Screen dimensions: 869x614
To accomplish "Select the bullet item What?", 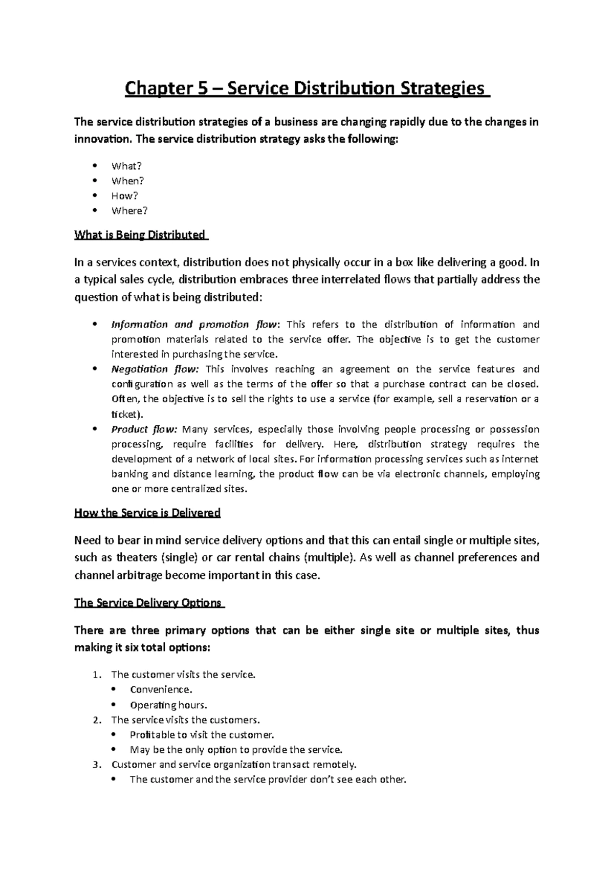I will [x=126, y=166].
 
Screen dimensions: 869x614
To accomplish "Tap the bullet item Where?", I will [x=129, y=210].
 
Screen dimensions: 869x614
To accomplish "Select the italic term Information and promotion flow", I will [x=194, y=324].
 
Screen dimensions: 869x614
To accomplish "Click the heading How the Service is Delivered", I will [x=147, y=513].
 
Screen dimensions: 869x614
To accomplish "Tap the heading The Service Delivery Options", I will [x=148, y=602].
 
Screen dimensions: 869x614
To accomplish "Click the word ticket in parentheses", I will [x=123, y=414].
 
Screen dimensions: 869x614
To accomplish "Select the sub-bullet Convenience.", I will [x=161, y=690].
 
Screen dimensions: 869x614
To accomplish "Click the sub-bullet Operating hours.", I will [x=168, y=705].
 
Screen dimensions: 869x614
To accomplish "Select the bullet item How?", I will [x=125, y=195].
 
